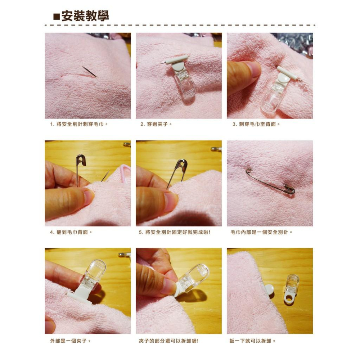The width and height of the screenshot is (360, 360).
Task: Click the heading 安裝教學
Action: pos(85,16)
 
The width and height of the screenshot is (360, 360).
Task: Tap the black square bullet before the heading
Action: pos(56,17)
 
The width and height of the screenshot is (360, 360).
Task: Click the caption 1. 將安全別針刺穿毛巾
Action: pos(79,124)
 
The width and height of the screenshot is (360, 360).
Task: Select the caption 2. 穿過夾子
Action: pos(156,124)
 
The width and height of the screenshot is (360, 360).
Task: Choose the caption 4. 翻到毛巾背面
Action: pos(71,232)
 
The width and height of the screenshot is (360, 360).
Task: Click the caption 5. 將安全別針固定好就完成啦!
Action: pos(175,232)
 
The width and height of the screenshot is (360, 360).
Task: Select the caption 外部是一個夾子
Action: pos(71,341)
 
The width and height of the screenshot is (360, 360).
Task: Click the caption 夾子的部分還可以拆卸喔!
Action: pos(169,341)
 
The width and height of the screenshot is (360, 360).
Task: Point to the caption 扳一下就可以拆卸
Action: pos(253,341)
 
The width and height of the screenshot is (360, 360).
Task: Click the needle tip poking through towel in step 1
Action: pos(95,76)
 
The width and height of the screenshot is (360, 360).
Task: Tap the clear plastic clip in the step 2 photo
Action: pos(185,85)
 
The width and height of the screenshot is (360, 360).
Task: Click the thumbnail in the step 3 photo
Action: pos(255,69)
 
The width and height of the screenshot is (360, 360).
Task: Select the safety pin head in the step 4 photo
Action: pos(81,160)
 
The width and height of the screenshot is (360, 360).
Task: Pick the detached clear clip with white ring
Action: pos(291,289)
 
